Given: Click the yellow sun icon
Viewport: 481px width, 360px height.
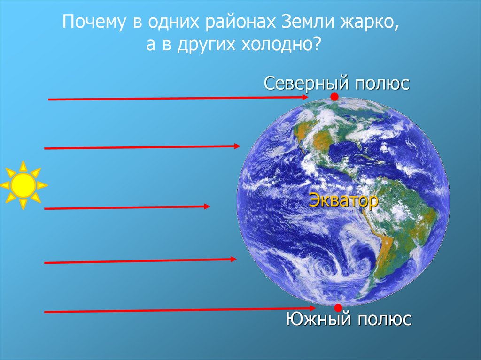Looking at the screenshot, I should (x=23, y=185).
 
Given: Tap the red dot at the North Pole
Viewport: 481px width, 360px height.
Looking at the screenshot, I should (x=334, y=97).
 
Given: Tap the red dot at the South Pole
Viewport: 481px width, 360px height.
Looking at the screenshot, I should (x=338, y=307).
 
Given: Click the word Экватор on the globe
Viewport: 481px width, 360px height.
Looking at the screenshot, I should (x=343, y=201).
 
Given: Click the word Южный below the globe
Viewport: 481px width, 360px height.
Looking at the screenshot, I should (x=318, y=320).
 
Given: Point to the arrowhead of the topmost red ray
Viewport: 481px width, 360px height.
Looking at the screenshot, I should (x=305, y=97).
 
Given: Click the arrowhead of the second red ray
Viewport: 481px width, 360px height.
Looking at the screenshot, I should (x=237, y=146).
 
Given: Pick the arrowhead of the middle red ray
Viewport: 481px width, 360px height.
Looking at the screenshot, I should (x=207, y=206).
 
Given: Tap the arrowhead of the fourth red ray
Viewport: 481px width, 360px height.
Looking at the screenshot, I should (x=233, y=259).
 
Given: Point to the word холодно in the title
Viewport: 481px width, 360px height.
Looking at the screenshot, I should (x=278, y=46).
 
